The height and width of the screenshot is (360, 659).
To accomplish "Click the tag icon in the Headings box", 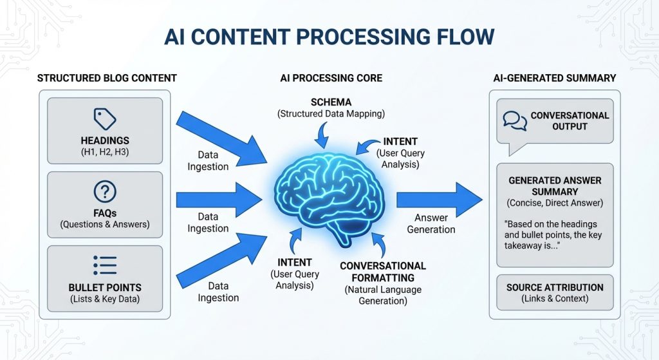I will (x=105, y=118).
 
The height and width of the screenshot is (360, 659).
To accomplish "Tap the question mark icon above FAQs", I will (x=105, y=192).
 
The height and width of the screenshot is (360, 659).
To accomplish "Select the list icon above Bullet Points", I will (x=105, y=265).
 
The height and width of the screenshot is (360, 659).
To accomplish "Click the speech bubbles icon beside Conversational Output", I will (x=515, y=120).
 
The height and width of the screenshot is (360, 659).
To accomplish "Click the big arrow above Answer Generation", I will (x=439, y=200).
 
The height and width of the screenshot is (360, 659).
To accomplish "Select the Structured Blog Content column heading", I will (x=107, y=79).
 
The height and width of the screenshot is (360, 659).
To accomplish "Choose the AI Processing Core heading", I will (x=331, y=79).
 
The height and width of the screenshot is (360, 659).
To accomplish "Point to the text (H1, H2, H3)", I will (x=105, y=151).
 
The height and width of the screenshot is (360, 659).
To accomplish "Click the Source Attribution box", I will (x=555, y=293).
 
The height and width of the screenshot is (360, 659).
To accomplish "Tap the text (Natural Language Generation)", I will (x=383, y=295).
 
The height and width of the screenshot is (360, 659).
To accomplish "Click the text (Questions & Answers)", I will (x=105, y=225).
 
